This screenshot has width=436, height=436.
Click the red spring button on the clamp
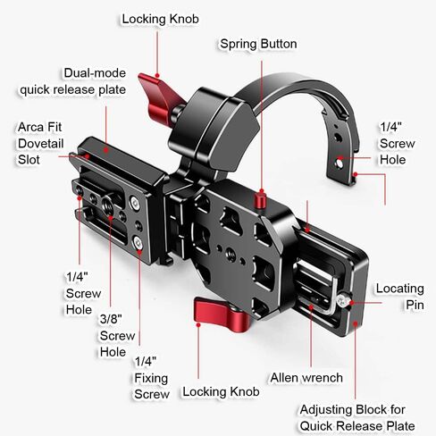click(x=260, y=201)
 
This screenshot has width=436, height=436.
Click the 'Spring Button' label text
click(x=258, y=44)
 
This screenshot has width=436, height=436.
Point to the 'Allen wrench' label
click(x=306, y=378)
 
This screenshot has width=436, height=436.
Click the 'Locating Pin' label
click(x=400, y=297)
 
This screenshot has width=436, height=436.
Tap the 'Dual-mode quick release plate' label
click(x=73, y=81)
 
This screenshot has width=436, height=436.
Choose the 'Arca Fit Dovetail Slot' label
click(x=40, y=143)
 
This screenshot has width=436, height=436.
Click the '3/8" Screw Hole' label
click(x=117, y=335)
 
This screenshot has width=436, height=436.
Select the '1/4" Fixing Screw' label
click(x=152, y=378)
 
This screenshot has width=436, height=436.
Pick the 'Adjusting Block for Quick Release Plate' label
click(x=357, y=417)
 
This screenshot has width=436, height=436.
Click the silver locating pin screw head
click(x=342, y=301)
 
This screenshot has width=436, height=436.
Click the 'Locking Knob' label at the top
click(x=160, y=19)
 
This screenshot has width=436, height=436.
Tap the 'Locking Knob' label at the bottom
click(x=221, y=391)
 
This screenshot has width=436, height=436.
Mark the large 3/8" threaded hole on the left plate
click(x=108, y=204)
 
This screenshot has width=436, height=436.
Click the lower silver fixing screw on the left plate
click(x=138, y=242)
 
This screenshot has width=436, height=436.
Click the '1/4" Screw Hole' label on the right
click(x=397, y=143)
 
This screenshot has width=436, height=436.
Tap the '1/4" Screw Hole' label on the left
click(x=83, y=293)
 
